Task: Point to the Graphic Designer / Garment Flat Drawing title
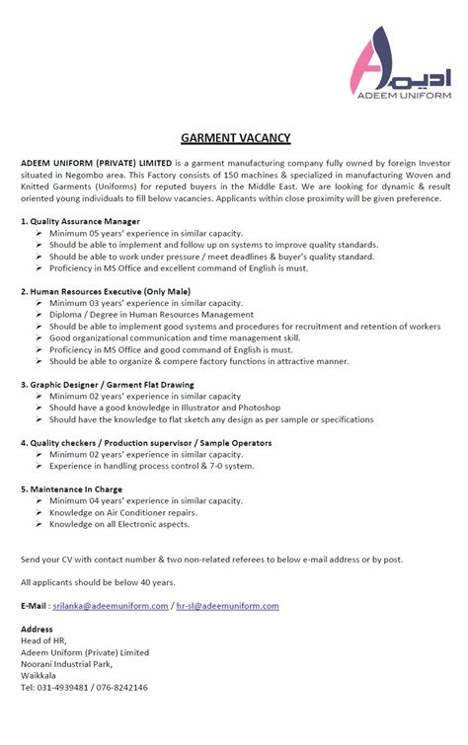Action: pos(109,384)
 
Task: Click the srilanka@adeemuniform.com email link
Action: pos(111,606)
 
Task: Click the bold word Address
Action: pos(37,629)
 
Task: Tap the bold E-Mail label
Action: pos(35,606)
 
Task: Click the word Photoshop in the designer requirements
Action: pos(260,408)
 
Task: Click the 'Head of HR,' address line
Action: pos(42,640)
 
